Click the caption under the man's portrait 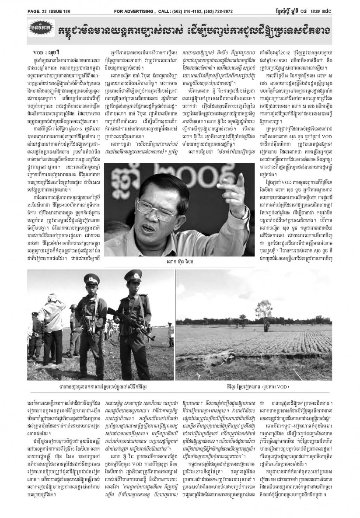click(180, 262)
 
